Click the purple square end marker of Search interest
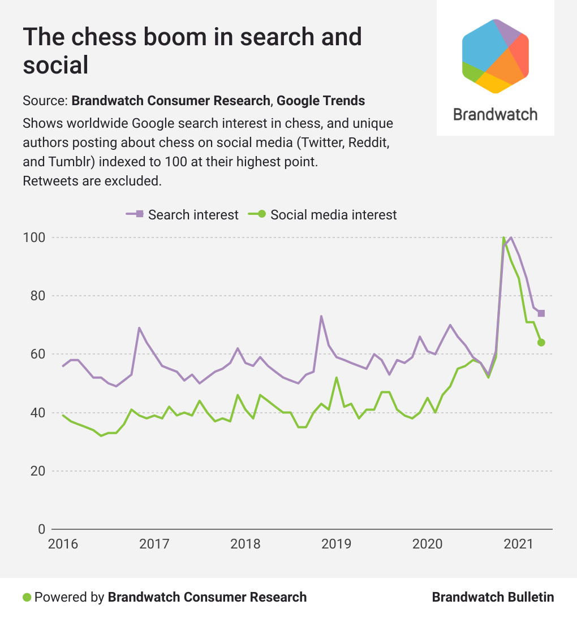[541, 313]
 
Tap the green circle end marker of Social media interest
[541, 343]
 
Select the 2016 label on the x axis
[63, 545]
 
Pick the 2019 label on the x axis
[336, 545]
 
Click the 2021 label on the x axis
[518, 545]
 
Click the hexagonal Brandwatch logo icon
[495, 56]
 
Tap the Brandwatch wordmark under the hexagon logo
[495, 114]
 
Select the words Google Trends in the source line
[321, 101]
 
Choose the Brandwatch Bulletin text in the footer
[493, 597]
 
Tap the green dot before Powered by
[27, 597]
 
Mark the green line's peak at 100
[503, 238]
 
